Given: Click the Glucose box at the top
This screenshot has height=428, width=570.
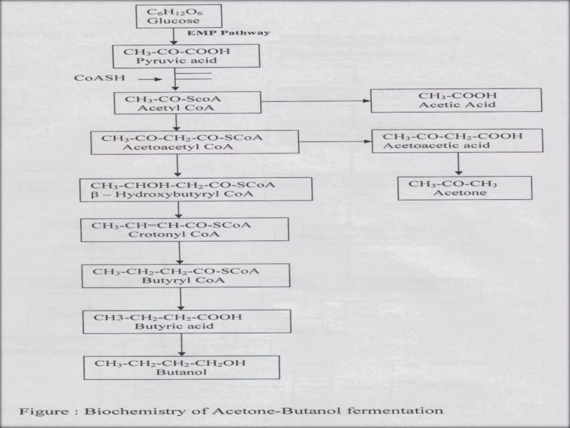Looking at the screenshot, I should coord(179,16).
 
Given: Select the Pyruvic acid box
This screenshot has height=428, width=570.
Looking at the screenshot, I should coord(186,56).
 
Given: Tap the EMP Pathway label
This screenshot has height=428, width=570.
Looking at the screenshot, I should coord(229,33).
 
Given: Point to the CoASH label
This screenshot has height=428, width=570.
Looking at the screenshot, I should coord(99,78).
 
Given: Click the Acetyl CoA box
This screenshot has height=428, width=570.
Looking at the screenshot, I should coord(188,103).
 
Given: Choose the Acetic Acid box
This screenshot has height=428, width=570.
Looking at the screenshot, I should coord(456,100).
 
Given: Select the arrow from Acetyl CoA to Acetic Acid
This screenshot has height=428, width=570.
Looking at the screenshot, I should coord(316,101).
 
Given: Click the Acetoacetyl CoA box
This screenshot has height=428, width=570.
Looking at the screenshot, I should coord(195,142).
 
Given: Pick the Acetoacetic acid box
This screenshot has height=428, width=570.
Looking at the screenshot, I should coord(457,140).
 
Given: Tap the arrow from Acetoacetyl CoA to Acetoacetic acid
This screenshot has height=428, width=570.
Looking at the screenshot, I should coord(335,142).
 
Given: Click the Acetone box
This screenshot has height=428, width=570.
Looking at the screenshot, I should coord(465,188).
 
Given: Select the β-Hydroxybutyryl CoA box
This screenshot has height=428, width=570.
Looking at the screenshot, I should coord(196,189).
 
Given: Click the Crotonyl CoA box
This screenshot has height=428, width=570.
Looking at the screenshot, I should coord(185,229).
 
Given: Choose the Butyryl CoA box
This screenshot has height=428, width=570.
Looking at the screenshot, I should coord(186,276).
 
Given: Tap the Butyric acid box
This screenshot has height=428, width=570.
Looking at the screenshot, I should coord(187,322).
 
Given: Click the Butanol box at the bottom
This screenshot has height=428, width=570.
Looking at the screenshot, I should coord(181,367).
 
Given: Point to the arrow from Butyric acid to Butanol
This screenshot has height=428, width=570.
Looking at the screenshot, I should coord(182,344).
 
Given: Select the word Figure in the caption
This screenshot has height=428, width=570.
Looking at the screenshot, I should coord(44,412).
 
